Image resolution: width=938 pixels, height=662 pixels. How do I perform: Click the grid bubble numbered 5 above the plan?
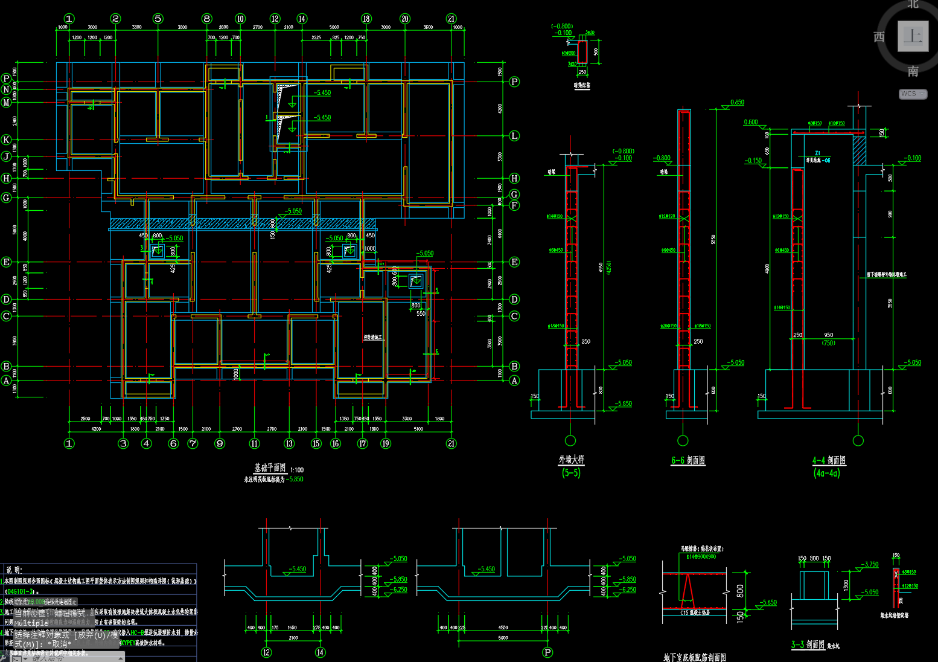(x=158, y=19)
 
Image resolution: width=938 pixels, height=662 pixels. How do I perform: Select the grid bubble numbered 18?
(x=366, y=19)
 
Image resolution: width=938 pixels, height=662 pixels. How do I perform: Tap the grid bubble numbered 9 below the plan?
(x=220, y=443)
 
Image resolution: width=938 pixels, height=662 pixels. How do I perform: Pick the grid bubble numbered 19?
(x=386, y=443)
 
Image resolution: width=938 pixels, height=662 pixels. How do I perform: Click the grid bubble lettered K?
(x=7, y=140)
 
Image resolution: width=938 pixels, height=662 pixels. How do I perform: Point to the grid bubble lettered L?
(x=514, y=136)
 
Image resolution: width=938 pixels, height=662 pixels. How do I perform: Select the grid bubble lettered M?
(x=7, y=102)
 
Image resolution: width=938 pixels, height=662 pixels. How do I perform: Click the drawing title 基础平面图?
(x=270, y=468)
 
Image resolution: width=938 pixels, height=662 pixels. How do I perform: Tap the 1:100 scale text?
(x=297, y=470)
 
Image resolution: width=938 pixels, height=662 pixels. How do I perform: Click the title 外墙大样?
(x=571, y=460)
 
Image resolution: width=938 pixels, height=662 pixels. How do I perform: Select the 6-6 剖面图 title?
(x=688, y=460)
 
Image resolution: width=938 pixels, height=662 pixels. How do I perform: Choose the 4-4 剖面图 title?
(x=829, y=460)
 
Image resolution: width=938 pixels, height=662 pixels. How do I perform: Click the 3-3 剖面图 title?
(x=808, y=644)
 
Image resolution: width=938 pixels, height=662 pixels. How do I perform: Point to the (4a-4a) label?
(x=826, y=473)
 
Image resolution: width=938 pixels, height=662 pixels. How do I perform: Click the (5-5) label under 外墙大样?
(x=571, y=472)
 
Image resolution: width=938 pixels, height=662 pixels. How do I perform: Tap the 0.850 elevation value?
(x=737, y=103)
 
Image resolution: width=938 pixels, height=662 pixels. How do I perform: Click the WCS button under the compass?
(x=912, y=94)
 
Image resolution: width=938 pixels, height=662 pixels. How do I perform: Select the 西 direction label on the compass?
(x=879, y=37)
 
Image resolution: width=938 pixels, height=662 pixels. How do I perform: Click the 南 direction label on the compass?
(x=913, y=71)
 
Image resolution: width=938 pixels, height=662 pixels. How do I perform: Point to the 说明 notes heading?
(x=14, y=570)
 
